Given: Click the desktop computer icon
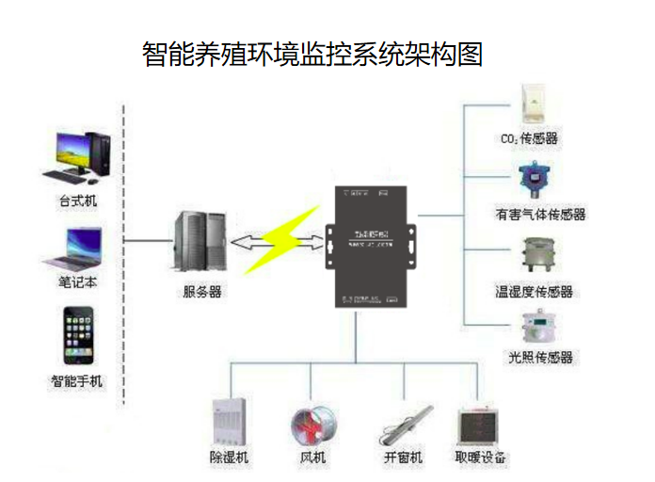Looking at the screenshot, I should (x=79, y=156).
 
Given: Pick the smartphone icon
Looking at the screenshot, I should (x=77, y=335).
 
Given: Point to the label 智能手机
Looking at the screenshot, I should (x=76, y=382).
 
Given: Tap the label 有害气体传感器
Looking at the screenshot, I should (x=541, y=215).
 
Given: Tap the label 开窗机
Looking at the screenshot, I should (x=403, y=458).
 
